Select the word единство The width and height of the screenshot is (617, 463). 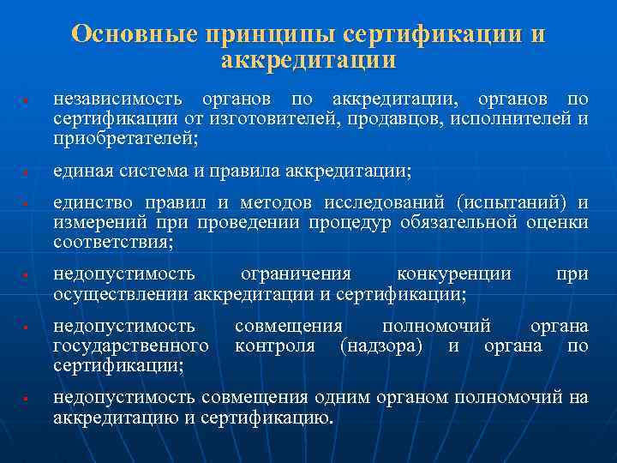(x=87, y=204)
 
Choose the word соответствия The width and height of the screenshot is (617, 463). (x=112, y=242)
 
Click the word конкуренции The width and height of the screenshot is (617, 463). (x=454, y=274)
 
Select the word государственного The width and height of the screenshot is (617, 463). (x=130, y=346)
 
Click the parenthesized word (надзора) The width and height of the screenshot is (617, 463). (x=381, y=346)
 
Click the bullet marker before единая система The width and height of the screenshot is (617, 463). (x=28, y=173)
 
